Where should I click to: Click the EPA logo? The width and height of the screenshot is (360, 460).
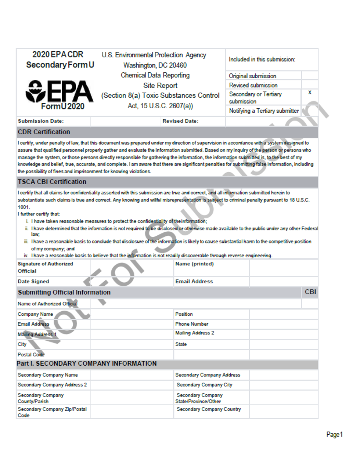click(59, 92)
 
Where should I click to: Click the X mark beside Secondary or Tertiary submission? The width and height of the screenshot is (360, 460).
click(310, 93)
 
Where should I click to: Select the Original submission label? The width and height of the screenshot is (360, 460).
click(252, 76)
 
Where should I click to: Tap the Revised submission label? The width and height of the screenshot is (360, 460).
click(253, 85)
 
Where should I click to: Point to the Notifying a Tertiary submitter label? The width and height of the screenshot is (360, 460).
click(264, 111)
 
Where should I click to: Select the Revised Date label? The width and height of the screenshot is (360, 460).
click(180, 121)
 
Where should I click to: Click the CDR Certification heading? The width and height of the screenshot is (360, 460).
click(44, 132)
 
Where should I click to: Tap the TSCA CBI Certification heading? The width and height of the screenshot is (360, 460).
click(52, 182)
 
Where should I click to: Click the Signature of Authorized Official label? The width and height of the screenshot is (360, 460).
click(45, 267)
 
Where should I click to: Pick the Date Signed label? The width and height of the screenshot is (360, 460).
click(33, 282)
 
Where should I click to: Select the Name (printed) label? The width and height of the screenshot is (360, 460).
click(194, 264)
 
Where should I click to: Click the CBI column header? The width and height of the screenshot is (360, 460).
click(310, 292)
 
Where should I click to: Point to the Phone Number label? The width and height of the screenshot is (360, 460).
click(192, 324)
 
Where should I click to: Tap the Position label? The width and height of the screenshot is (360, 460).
click(184, 314)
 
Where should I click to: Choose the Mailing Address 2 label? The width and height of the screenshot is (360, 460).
click(195, 333)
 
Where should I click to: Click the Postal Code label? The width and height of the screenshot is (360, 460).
click(31, 355)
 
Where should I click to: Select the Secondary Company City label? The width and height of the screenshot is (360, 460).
click(204, 385)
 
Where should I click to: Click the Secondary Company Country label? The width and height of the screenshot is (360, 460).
click(209, 409)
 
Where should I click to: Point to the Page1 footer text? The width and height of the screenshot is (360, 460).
click(334, 434)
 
